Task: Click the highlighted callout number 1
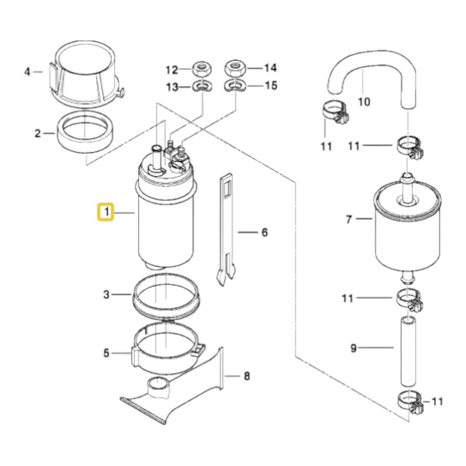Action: pos(105,212)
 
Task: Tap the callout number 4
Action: pos(27,72)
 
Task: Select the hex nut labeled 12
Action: pos(202,69)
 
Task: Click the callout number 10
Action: pos(364,102)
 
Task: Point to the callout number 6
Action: pos(265,233)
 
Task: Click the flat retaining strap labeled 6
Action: pos(226,229)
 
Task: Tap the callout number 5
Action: pos(106,353)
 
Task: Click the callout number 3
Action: pos(106,295)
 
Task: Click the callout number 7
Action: pos(349,220)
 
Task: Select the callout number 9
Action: pos(353,349)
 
